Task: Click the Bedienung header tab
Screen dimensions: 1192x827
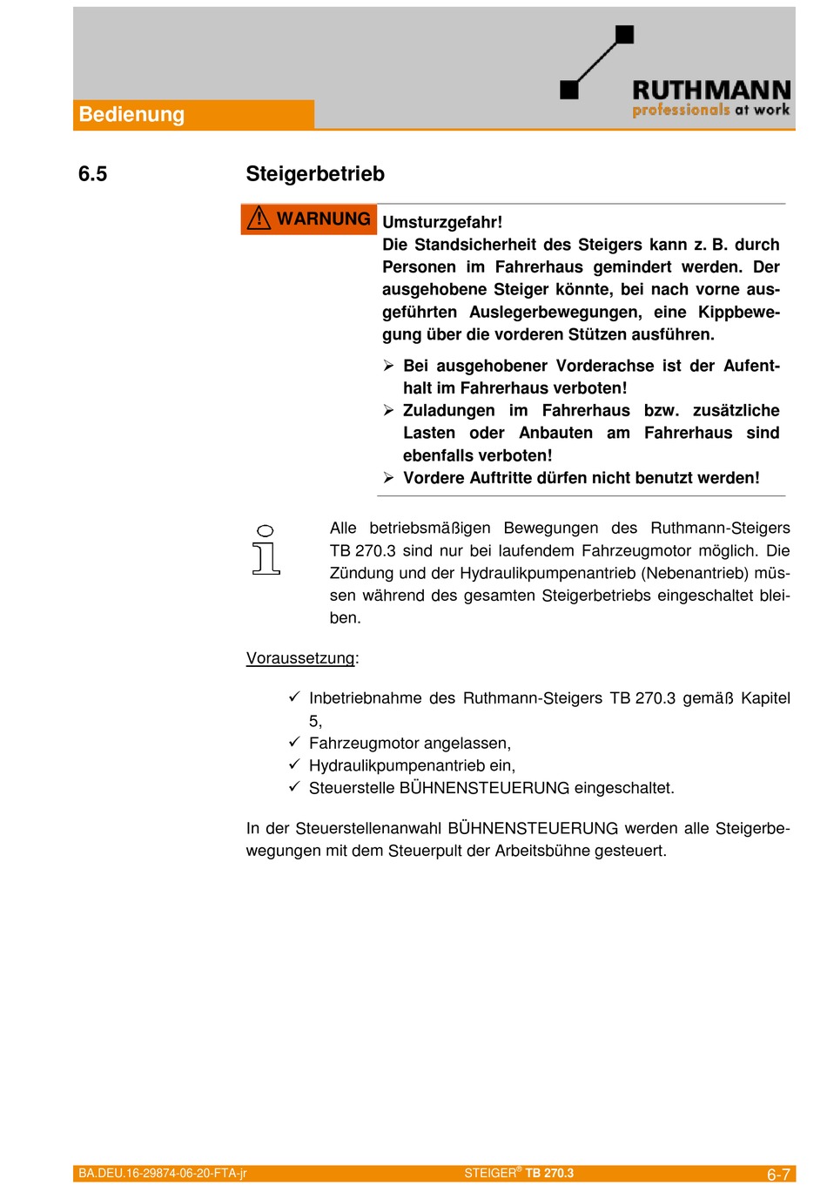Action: tap(131, 115)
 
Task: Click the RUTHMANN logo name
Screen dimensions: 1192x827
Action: tap(710, 90)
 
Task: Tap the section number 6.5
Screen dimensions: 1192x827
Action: tap(92, 174)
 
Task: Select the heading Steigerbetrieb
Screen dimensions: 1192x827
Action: tap(315, 174)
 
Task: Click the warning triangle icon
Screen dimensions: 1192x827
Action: tap(259, 219)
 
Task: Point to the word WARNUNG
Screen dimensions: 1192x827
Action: tap(323, 219)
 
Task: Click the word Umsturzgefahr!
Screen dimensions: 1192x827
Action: tap(442, 222)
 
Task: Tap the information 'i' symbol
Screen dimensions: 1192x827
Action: tap(266, 550)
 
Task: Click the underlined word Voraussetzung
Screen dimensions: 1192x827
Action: tap(300, 658)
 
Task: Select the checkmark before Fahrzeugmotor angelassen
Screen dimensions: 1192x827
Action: tap(294, 742)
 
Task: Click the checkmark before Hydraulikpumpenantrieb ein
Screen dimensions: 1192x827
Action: tap(294, 764)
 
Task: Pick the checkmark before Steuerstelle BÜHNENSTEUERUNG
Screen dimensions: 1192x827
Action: tap(294, 787)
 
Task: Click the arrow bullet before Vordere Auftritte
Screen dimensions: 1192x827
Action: tap(389, 478)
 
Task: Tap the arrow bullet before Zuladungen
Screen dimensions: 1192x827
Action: tap(389, 410)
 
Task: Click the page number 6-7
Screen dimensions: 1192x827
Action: tap(778, 1175)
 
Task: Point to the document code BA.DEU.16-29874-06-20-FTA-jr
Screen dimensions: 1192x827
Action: tap(163, 1174)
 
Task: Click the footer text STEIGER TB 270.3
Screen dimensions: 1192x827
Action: tap(519, 1174)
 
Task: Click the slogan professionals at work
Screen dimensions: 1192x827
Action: tap(710, 111)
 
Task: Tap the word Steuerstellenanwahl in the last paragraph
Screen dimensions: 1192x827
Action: tap(368, 829)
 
